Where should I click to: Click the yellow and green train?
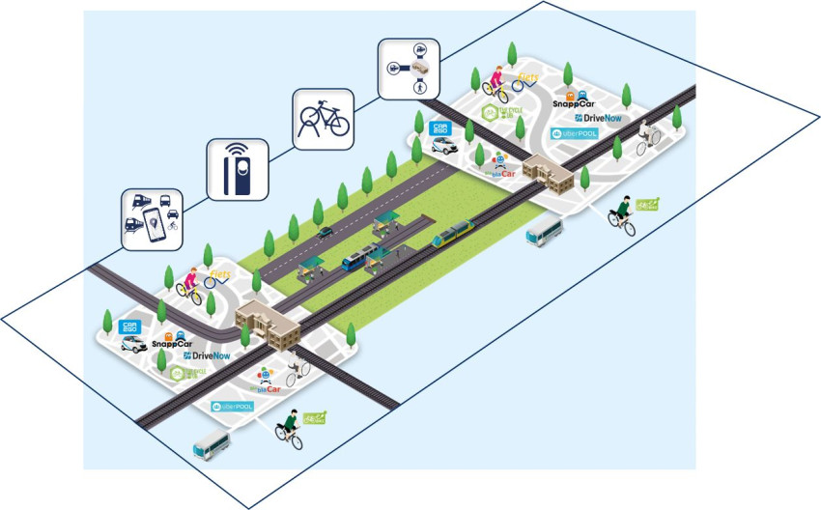(452, 233)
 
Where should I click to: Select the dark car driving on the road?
(326, 231)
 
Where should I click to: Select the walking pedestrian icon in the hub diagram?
(420, 88)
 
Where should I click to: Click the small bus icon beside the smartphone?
(166, 201)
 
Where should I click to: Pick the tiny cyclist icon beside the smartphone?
(174, 225)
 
